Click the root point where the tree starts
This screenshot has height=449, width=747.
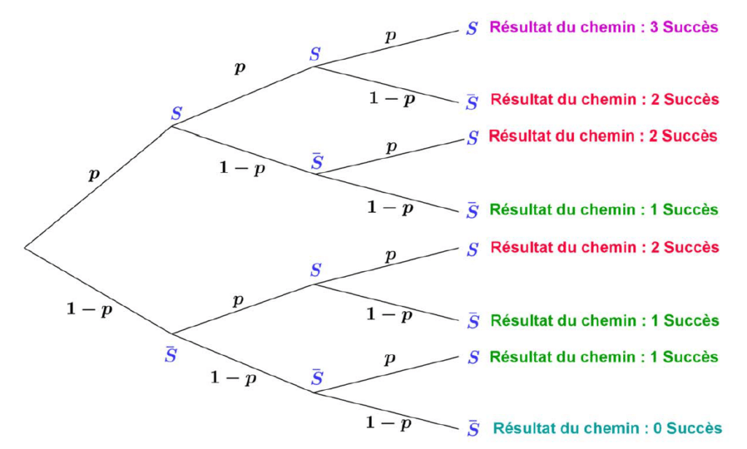(25, 247)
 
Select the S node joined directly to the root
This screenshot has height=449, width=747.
(177, 114)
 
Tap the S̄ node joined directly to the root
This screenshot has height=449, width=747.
(171, 356)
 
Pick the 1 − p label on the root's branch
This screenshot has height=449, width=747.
(90, 310)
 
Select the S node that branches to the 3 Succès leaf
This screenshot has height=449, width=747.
(315, 53)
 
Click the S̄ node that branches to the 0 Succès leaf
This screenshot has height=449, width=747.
(317, 378)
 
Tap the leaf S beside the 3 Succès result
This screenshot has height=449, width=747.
(472, 29)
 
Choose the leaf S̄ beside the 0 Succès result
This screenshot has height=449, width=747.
(473, 429)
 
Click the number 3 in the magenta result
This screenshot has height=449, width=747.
(654, 28)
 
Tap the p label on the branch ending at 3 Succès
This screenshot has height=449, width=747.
(392, 36)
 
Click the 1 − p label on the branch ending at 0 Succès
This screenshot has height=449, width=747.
(389, 423)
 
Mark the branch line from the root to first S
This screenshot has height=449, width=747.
(98, 187)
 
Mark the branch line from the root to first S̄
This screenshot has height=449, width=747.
(98, 290)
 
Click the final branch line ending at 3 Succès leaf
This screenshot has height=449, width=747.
(387, 49)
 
